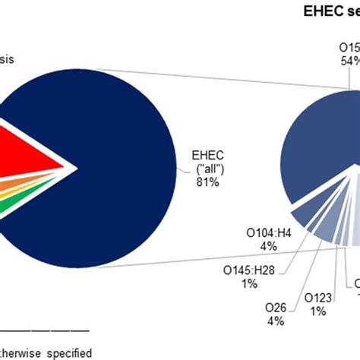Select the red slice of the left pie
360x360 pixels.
30,156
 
